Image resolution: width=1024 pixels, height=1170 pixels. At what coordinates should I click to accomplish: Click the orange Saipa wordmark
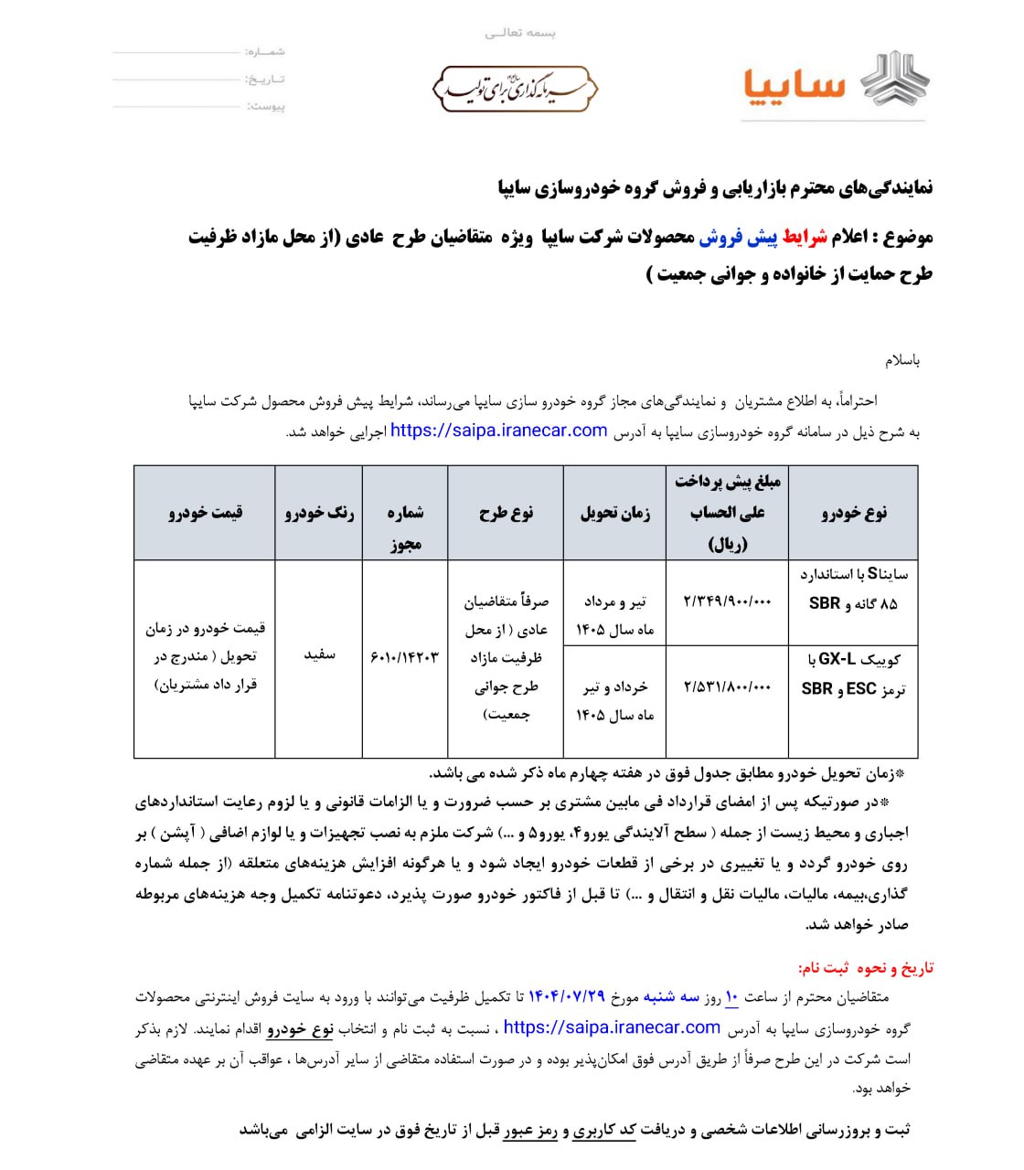click(x=793, y=87)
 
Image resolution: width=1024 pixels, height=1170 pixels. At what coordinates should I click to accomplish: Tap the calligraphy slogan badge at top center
click(x=515, y=90)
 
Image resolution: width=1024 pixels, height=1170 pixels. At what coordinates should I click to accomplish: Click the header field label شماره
click(x=265, y=52)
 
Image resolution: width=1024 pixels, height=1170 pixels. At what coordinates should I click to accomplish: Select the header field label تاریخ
click(x=265, y=80)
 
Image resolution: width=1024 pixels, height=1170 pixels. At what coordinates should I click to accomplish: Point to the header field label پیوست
click(x=266, y=107)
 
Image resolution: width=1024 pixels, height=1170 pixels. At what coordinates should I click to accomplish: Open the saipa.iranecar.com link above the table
click(x=499, y=431)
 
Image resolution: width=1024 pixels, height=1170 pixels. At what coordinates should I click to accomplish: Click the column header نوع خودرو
click(x=853, y=513)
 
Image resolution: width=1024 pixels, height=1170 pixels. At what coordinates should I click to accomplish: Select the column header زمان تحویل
click(x=614, y=513)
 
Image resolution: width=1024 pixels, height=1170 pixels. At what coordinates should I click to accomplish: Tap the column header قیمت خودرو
click(x=205, y=513)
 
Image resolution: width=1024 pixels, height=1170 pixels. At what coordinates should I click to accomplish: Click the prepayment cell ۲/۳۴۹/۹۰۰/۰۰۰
click(x=727, y=601)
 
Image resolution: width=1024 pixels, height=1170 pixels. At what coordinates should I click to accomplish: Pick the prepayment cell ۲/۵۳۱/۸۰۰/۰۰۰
click(x=727, y=686)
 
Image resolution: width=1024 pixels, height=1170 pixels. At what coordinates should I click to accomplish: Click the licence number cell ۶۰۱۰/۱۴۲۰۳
click(x=405, y=657)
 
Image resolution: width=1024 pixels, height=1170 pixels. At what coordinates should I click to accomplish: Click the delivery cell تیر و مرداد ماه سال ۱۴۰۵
click(x=614, y=615)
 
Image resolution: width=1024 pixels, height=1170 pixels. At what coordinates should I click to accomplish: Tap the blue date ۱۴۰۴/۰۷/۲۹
click(x=567, y=997)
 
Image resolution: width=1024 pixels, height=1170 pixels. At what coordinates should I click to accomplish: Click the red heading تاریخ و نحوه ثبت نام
click(x=866, y=968)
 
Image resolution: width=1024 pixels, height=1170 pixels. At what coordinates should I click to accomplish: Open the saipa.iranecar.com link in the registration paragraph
click(x=612, y=1027)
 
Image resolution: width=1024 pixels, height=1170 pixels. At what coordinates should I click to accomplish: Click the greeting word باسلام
click(x=902, y=360)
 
